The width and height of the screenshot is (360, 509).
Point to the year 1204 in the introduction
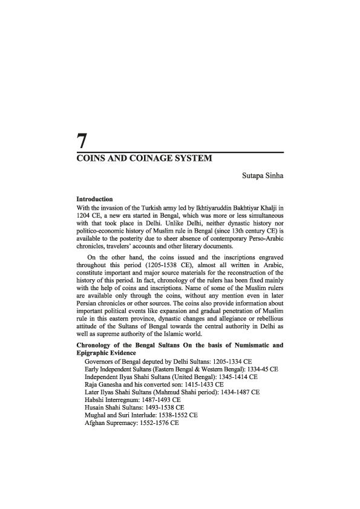coord(85,216)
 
